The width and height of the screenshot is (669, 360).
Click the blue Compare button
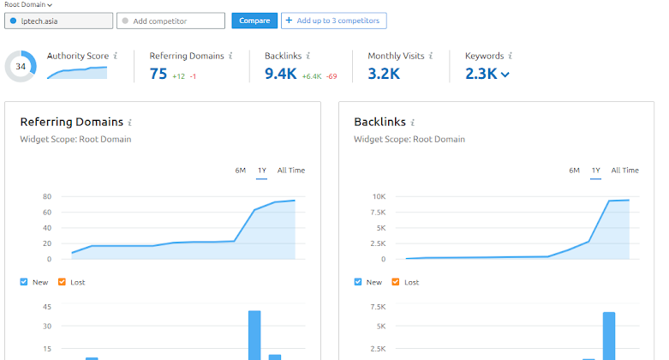(254, 21)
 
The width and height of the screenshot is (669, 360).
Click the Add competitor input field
(170, 21)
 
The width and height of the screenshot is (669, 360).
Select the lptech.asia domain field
(59, 21)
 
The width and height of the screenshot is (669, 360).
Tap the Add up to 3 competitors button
(334, 20)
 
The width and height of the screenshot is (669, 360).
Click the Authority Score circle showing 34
(21, 66)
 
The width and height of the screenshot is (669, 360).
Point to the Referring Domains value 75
(158, 74)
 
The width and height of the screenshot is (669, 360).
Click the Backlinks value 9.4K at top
(281, 74)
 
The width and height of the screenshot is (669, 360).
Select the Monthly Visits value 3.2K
(384, 74)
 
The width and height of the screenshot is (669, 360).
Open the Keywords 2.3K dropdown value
(487, 74)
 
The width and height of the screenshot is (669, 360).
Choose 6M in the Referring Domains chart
(241, 171)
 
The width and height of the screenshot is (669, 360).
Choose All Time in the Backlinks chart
(624, 171)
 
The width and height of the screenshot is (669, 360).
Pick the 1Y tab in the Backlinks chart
(595, 171)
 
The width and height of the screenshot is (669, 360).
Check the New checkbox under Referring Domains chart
(24, 282)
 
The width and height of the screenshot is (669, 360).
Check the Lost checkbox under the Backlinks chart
(397, 282)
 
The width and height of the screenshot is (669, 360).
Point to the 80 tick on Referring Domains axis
(47, 196)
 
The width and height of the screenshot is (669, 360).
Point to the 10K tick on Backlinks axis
(379, 196)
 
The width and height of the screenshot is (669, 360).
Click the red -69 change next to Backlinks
(331, 76)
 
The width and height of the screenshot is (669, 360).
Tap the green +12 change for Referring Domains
(178, 76)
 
